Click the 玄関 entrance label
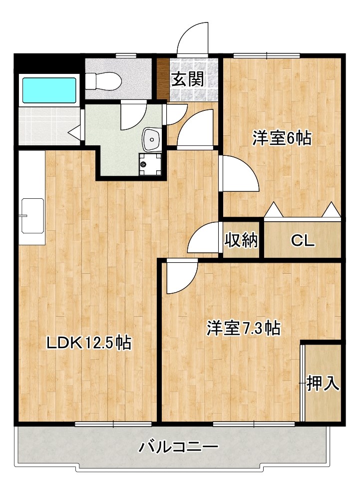pyautogui.click(x=188, y=79)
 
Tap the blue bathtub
pyautogui.click(x=49, y=89)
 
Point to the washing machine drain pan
pyautogui.click(x=151, y=164)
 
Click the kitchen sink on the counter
pyautogui.click(x=32, y=216)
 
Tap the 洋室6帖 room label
pyautogui.click(x=282, y=138)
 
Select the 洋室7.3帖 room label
pyautogui.click(x=243, y=328)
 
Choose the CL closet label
pyautogui.click(x=303, y=242)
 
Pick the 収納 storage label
pyautogui.click(x=241, y=241)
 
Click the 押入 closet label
pyautogui.click(x=323, y=383)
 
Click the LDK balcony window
pyautogui.click(x=113, y=424)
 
